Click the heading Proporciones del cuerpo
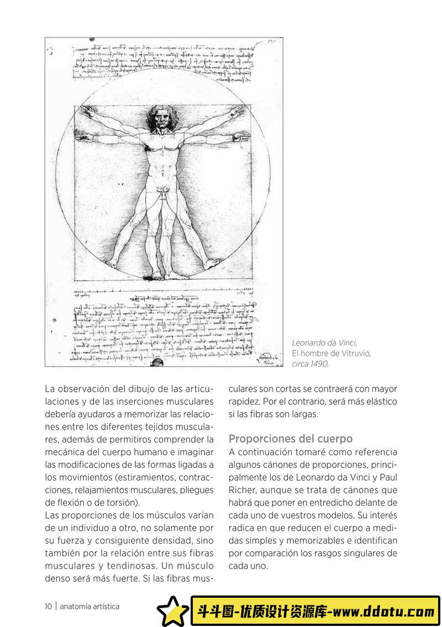pos(291,439)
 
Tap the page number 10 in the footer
pos(49,606)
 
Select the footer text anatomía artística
pos(90,606)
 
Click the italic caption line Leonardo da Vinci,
pos(324,344)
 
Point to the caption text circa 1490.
pos(310,363)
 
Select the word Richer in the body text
pos(242,490)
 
